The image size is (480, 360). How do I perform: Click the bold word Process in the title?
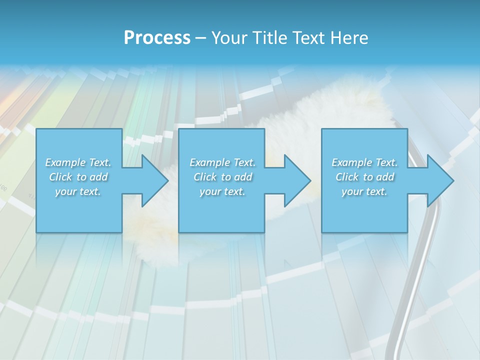pos(157,38)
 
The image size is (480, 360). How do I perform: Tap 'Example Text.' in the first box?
pos(78,162)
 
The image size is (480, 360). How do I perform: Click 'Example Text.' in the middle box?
pos(222,162)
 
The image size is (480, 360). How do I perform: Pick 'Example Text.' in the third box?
pos(364,162)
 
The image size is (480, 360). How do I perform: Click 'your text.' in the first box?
pos(78,191)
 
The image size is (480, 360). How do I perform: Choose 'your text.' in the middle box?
pos(222,191)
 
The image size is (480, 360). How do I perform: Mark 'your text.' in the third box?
pos(364,191)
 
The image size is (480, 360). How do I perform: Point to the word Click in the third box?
pos(347,177)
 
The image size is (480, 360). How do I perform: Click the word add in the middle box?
pos(242,177)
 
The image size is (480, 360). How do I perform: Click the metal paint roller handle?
pos(410,290)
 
